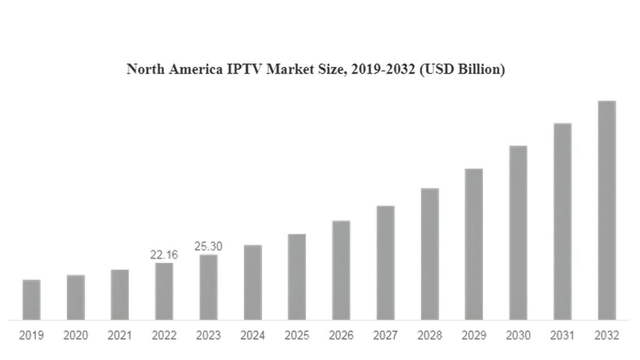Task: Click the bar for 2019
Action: click(x=31, y=300)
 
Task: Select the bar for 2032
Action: click(x=607, y=210)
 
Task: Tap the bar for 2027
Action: click(x=386, y=263)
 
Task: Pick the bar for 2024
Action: click(x=253, y=283)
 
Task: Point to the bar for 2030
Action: click(x=518, y=233)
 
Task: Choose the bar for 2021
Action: click(x=120, y=295)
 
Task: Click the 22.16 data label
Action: click(x=164, y=255)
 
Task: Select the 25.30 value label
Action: click(x=208, y=246)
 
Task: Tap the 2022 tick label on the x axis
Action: click(x=164, y=335)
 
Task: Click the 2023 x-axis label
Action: click(x=208, y=335)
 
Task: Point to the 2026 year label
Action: click(x=341, y=335)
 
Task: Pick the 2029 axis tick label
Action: click(x=474, y=335)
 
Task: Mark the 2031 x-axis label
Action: click(x=562, y=335)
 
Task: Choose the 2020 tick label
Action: click(x=76, y=335)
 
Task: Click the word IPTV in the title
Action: click(x=244, y=69)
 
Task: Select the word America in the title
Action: click(x=196, y=69)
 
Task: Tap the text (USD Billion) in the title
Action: click(x=462, y=70)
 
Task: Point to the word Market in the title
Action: click(x=290, y=69)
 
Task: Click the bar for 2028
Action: click(x=430, y=254)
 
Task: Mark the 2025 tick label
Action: click(x=297, y=335)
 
